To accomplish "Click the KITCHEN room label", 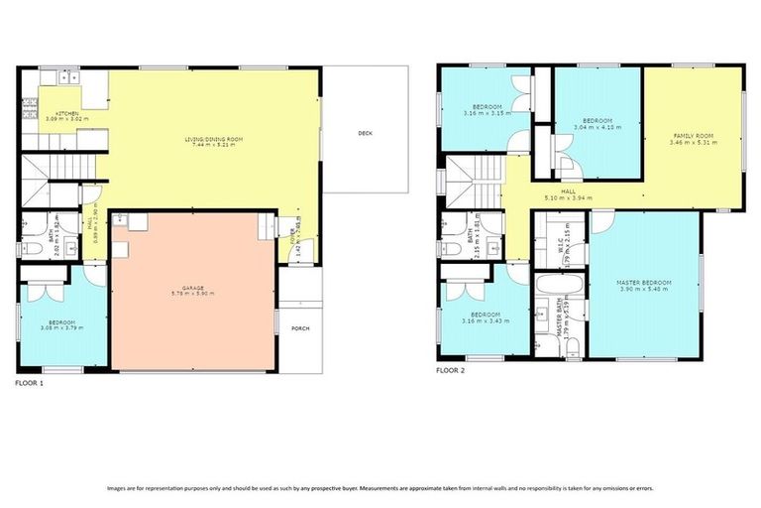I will coord(66,114).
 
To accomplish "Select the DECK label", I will coord(365,133).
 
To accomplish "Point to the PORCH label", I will coord(299,327).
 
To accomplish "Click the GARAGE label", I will coord(193,288).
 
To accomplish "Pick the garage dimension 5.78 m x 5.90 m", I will coord(193,295).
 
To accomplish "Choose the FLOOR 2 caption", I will coord(451,370).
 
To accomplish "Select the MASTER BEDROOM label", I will coord(644,283).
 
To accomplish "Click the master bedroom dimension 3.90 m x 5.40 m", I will coord(644,290).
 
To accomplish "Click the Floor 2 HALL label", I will coord(568,191).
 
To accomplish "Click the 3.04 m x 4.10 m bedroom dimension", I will coord(595,127).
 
